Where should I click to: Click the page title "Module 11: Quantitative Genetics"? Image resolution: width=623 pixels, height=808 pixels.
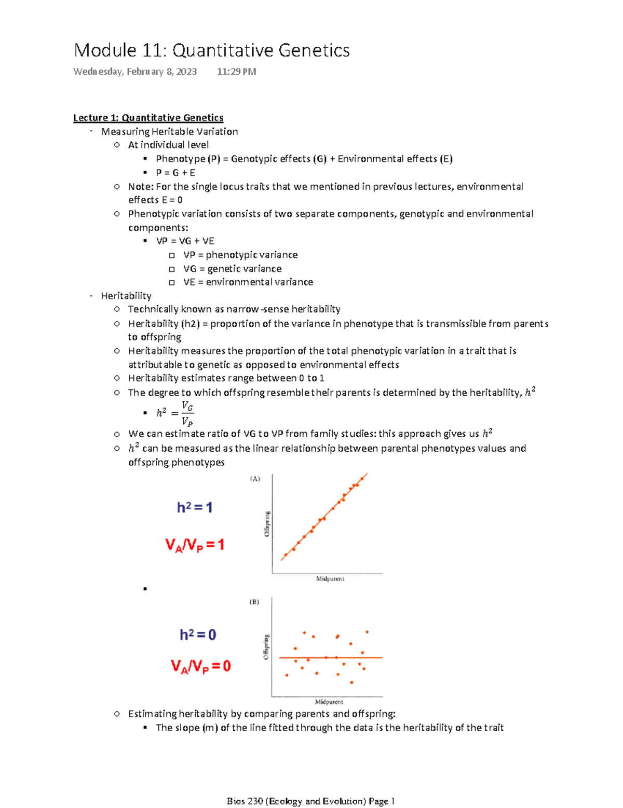click(x=212, y=50)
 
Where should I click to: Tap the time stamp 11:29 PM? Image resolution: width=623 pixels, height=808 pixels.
click(x=236, y=72)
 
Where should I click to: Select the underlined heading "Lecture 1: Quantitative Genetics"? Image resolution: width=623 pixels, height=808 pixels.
click(x=148, y=118)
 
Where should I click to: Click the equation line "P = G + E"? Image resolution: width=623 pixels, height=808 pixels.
click(x=175, y=172)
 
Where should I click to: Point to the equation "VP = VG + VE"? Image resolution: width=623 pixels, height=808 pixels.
click(x=185, y=241)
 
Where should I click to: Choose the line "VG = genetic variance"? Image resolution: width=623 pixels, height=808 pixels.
click(x=232, y=268)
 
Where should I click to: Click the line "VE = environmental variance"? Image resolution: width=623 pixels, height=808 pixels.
click(x=248, y=282)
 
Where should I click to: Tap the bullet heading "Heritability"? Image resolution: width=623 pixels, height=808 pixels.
click(x=126, y=296)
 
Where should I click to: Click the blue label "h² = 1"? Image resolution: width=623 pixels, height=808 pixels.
click(x=195, y=507)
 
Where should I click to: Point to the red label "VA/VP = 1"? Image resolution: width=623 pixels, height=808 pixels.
click(x=195, y=545)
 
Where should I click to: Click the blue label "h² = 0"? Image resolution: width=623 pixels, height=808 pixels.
click(x=198, y=635)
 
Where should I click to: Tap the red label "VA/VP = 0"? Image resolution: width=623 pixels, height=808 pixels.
click(x=201, y=666)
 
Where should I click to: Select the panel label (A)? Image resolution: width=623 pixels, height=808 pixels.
click(x=255, y=479)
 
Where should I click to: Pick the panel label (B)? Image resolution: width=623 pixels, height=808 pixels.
click(x=254, y=602)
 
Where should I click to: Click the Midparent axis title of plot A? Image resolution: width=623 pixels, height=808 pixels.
click(x=330, y=578)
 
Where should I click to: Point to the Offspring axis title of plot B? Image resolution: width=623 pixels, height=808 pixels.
click(x=266, y=647)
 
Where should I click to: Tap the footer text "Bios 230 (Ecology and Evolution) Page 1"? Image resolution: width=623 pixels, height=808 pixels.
click(x=310, y=801)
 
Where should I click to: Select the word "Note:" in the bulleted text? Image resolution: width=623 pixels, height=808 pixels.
click(x=141, y=186)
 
